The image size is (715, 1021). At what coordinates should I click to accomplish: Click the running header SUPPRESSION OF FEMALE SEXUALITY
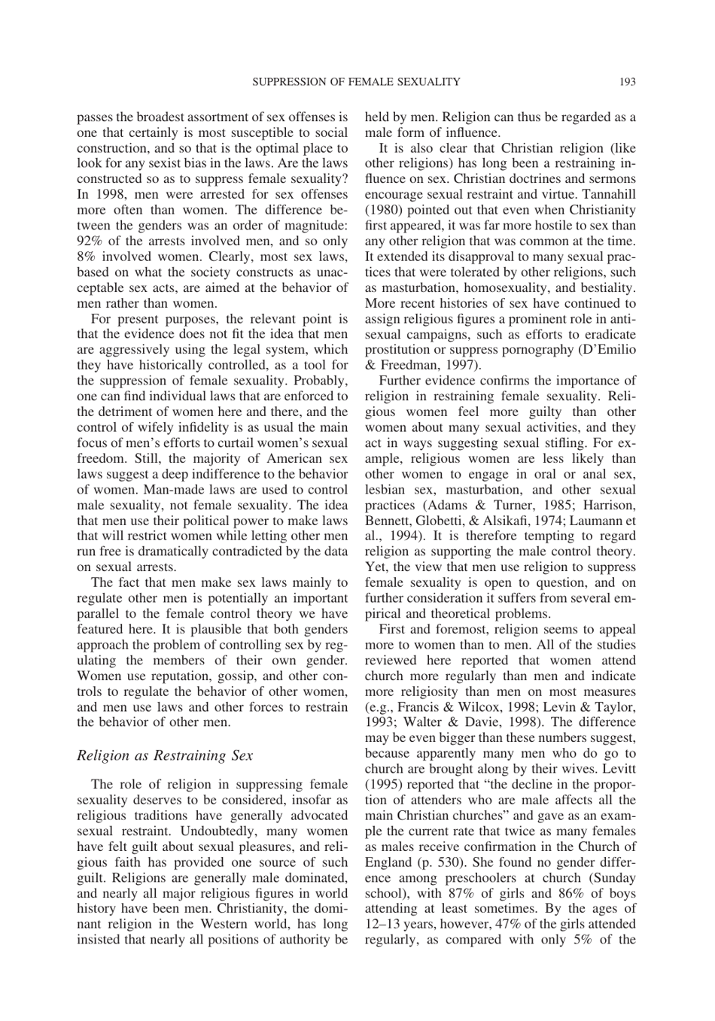click(x=356, y=81)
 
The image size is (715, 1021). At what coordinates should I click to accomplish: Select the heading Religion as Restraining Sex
click(x=165, y=755)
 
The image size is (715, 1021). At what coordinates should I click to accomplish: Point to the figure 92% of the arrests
click(x=90, y=241)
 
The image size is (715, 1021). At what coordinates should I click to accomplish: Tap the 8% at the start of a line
click(x=87, y=257)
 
